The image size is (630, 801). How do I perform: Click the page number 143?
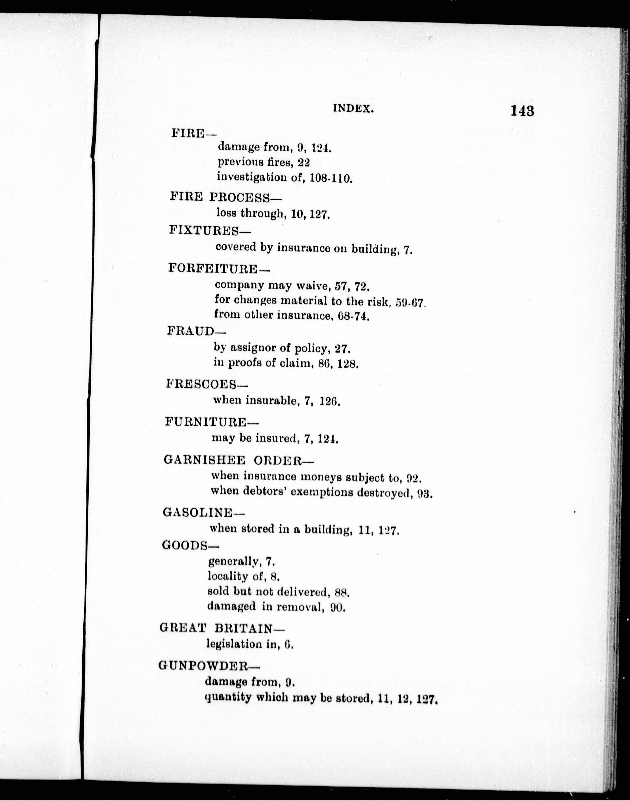click(x=522, y=111)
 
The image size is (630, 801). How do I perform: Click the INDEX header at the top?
click(x=353, y=109)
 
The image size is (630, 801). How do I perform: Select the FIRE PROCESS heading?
click(x=225, y=197)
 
